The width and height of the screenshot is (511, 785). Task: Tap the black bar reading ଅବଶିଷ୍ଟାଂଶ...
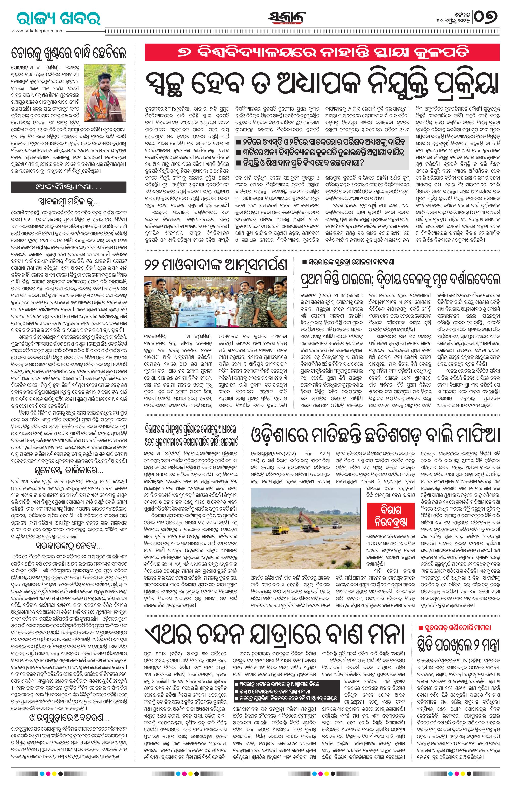coord(68,187)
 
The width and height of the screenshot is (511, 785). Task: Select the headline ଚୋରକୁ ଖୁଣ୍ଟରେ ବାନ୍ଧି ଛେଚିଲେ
coord(68,53)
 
